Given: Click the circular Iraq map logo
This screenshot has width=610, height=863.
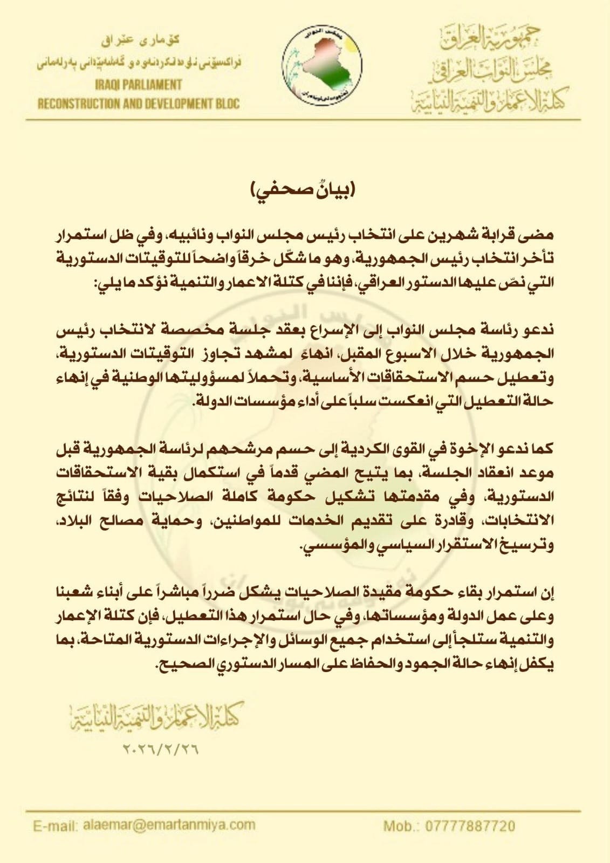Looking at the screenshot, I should click(x=322, y=63).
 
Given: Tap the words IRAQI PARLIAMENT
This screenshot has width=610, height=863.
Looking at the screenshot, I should click(x=138, y=85).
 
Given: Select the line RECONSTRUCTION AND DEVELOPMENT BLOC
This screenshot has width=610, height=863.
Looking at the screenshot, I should click(x=138, y=103).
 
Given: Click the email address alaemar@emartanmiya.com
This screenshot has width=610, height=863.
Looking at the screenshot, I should click(x=169, y=825).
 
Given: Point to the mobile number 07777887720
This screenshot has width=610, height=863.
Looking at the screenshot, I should click(x=463, y=826).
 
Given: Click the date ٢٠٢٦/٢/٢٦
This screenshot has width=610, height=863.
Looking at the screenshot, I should click(x=161, y=750).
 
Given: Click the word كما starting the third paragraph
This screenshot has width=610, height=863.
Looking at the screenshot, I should click(x=541, y=449).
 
